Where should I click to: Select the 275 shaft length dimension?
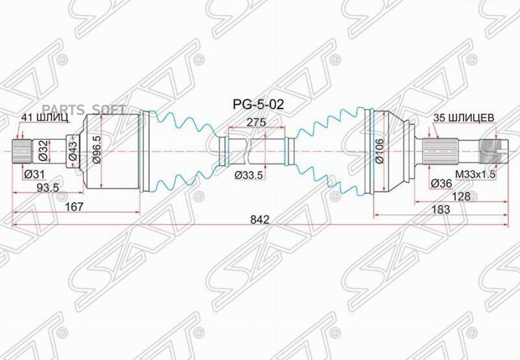[256, 123]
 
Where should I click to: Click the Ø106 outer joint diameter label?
[380, 151]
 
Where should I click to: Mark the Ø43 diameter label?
[73, 151]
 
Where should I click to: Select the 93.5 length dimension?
[46, 187]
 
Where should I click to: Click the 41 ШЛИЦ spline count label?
[45, 117]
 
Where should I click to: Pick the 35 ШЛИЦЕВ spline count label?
[464, 117]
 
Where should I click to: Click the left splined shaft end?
[21, 151]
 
